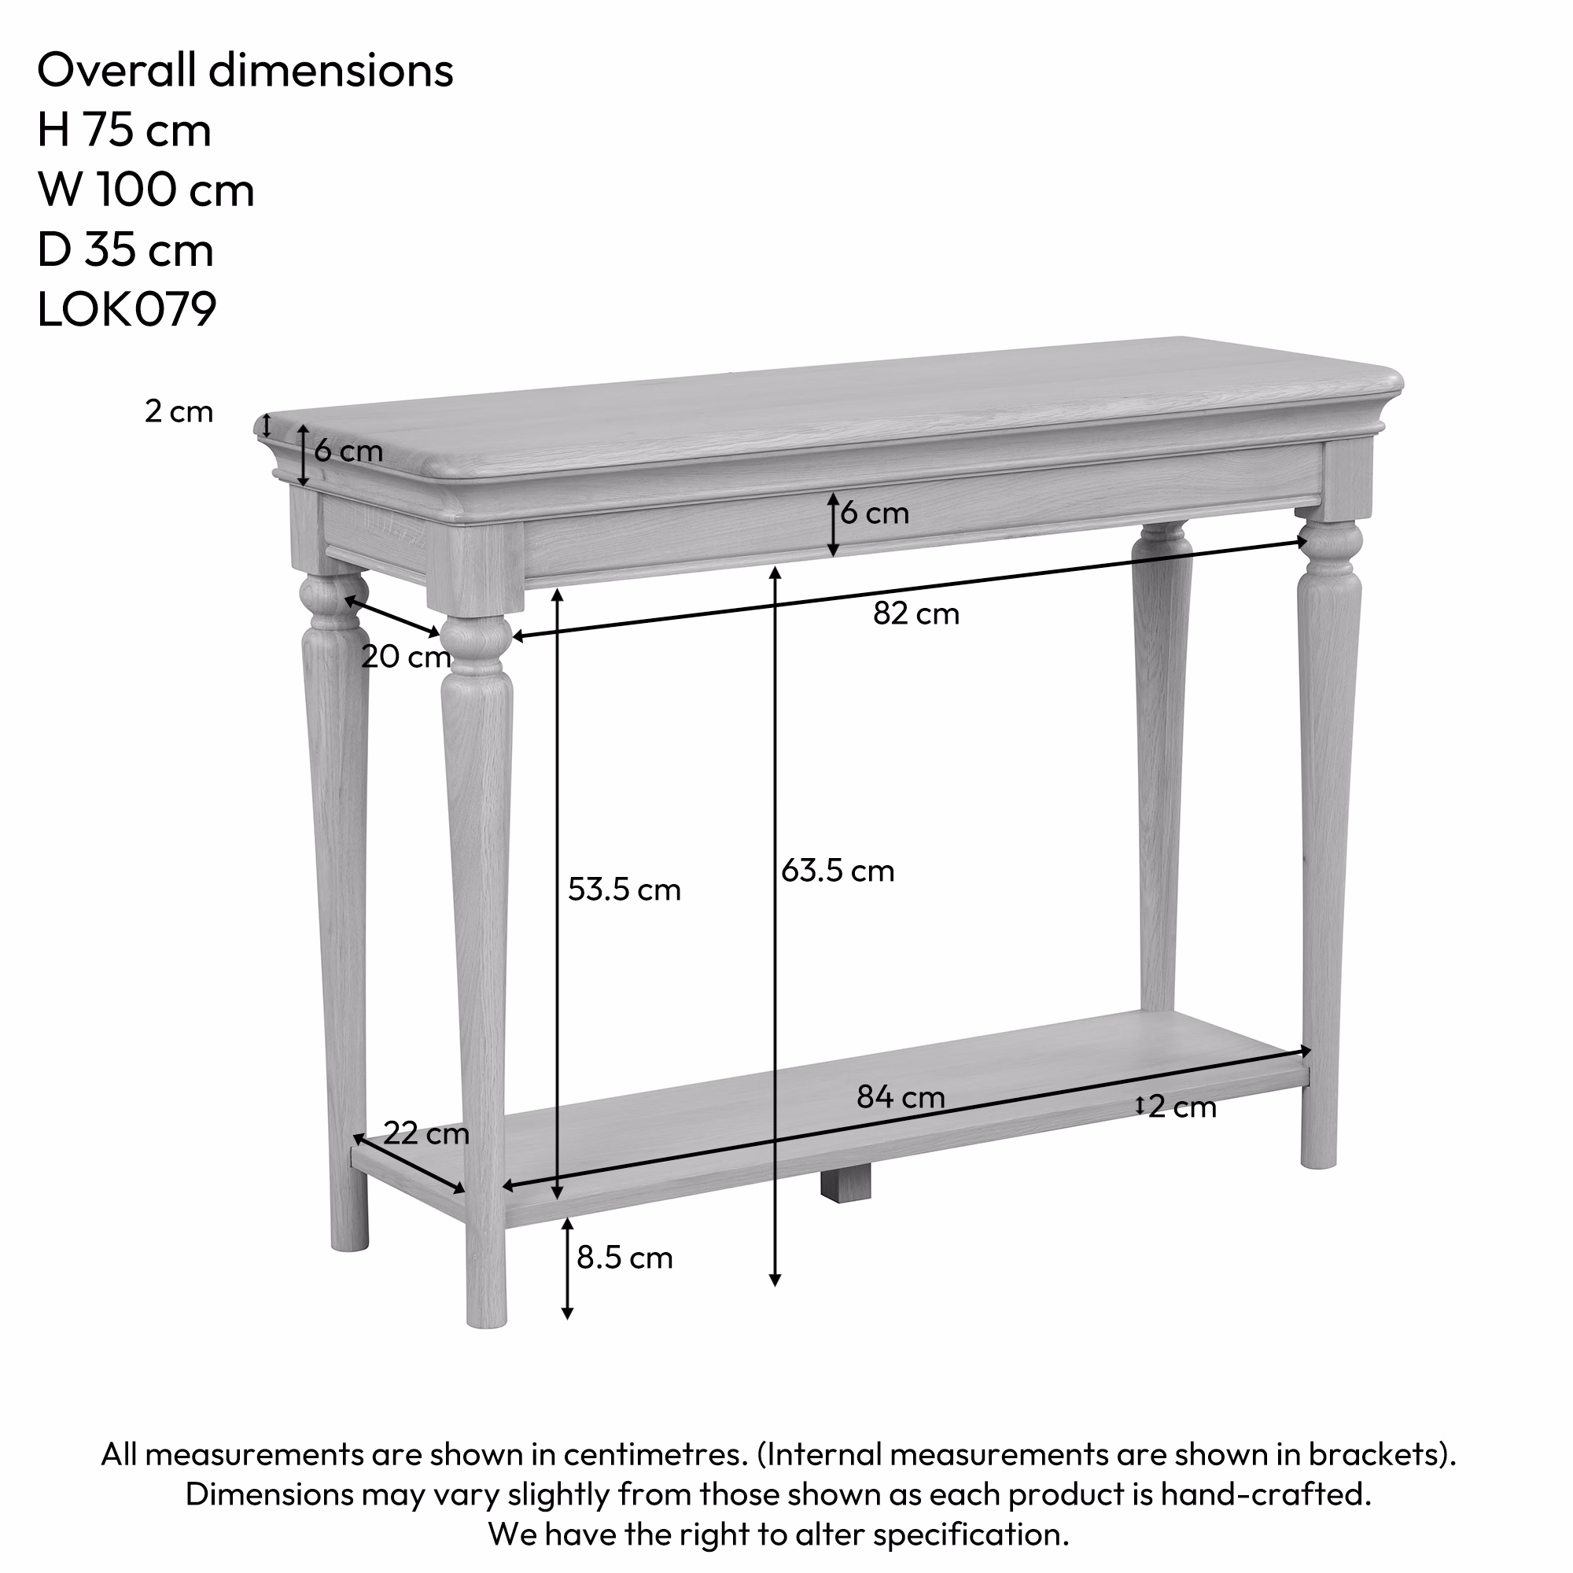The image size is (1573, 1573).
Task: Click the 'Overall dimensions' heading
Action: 245,70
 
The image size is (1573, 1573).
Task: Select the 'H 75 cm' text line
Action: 123,130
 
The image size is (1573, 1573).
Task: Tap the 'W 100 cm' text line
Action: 146,190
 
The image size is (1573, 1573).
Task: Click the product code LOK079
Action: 127,309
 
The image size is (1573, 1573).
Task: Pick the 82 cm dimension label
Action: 916,613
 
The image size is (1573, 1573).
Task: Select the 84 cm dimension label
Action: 901,1097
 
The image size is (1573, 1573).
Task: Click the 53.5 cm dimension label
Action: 624,889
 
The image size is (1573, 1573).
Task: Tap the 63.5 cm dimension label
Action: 838,871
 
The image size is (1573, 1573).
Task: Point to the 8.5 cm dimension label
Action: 624,1258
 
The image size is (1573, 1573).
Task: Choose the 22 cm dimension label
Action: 425,1133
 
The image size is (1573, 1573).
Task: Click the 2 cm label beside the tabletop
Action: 179,412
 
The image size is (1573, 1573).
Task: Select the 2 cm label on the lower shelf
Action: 1181,1107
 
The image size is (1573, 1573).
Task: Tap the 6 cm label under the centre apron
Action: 875,513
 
